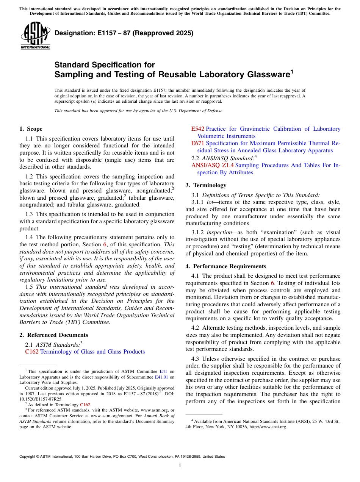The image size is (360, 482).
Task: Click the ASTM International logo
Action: click(35, 36)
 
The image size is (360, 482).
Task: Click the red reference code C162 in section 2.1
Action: click(32, 352)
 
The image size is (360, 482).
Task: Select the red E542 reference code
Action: click(198, 129)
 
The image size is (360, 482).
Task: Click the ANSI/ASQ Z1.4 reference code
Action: click(213, 165)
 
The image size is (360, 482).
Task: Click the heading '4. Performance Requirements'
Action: click(226, 266)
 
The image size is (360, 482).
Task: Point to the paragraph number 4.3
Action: click(195, 358)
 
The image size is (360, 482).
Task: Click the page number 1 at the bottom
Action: click(180, 466)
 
